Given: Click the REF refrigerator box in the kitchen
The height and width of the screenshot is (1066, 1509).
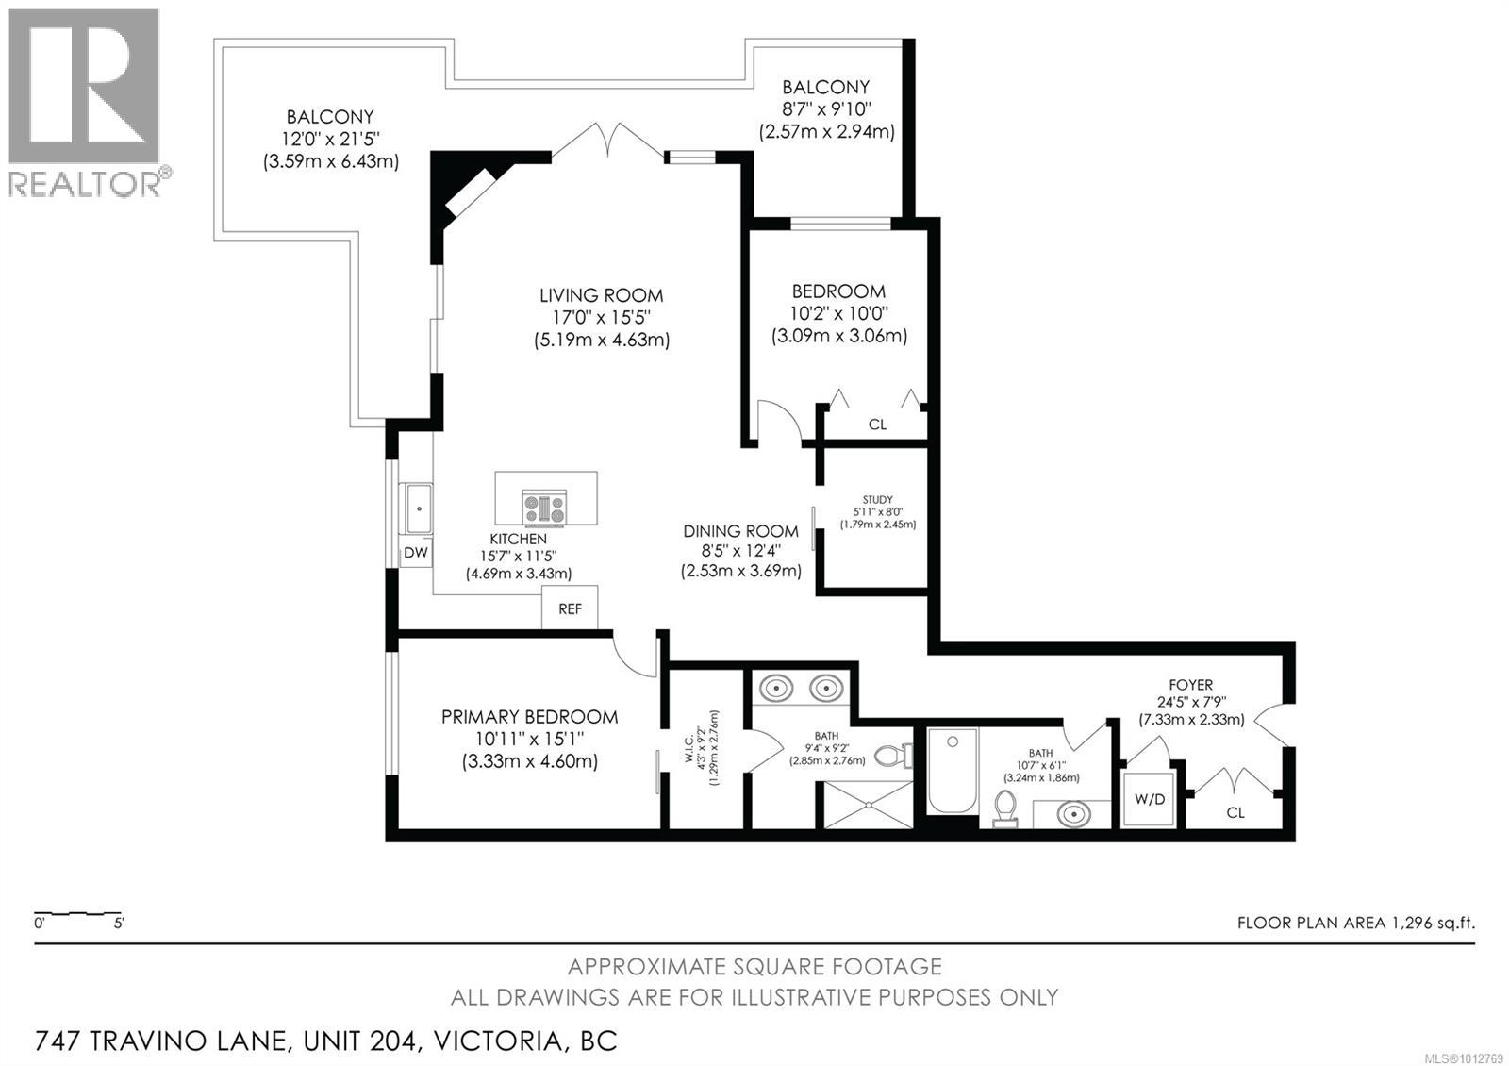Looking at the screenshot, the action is click(x=570, y=608).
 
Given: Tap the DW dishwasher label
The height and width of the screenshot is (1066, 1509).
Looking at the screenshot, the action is click(x=416, y=553).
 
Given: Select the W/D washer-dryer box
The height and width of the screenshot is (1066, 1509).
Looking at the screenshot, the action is click(x=1150, y=799).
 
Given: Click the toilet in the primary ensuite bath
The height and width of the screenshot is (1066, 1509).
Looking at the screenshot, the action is click(x=893, y=756).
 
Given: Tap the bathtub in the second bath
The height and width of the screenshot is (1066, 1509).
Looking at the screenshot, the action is click(x=953, y=771).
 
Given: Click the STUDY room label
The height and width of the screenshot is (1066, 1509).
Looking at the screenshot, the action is click(x=877, y=499).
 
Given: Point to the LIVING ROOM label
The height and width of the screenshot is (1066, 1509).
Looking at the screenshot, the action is click(x=601, y=295).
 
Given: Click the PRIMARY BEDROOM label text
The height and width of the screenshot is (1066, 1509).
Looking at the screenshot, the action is click(x=529, y=716).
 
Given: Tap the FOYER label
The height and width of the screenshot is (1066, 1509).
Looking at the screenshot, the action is click(x=1191, y=685).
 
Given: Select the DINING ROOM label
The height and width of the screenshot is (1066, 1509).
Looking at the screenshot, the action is click(x=741, y=531).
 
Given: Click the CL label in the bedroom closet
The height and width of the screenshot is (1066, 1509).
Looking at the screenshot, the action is click(x=877, y=425).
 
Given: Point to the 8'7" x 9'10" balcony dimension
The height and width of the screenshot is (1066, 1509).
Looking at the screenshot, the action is click(x=826, y=108).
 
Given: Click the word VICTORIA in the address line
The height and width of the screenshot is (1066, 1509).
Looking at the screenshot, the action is click(x=498, y=1041).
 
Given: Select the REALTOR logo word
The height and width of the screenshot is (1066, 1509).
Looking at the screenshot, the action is click(x=85, y=183).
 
